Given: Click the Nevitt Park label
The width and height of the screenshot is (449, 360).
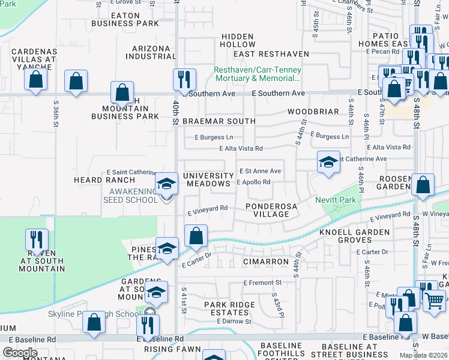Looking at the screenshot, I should point(336,200).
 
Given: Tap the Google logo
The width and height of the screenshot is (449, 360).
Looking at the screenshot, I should point(20,352).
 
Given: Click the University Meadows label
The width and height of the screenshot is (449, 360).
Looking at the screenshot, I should point(207,179).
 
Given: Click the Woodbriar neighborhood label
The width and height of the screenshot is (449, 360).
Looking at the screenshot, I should point(310,112).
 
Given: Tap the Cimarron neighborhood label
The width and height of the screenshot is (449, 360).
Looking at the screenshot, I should point(266,262).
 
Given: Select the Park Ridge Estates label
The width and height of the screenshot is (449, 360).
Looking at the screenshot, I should point(229,308).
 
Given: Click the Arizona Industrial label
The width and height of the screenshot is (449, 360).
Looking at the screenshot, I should point(147,52).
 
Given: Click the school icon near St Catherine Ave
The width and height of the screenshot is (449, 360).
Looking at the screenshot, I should point(328,162).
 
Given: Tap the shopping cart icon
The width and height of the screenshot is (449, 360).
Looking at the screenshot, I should point(434,299).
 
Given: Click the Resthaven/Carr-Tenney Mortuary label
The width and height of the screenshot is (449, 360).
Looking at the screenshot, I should point(258,74).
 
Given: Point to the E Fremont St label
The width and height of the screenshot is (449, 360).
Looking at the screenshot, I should point(262,283).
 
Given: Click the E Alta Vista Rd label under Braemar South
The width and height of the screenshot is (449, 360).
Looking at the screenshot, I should point(241,148).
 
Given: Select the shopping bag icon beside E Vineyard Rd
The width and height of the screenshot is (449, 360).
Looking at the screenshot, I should point(196,235).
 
